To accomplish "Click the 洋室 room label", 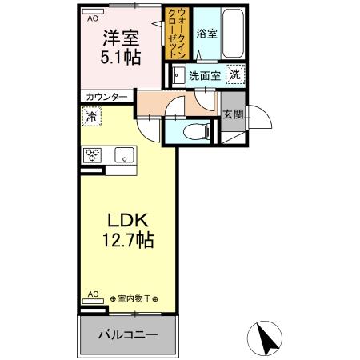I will click(121, 38).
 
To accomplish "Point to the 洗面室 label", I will click(204, 75).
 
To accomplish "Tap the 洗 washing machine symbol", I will click(234, 74).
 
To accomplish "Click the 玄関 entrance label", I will click(232, 114).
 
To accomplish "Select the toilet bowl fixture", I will click(193, 133).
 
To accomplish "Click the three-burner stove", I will click(91, 155).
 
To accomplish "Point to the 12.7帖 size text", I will click(126, 239).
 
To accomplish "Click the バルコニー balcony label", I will click(127, 334).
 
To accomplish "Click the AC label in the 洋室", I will click(93, 17).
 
